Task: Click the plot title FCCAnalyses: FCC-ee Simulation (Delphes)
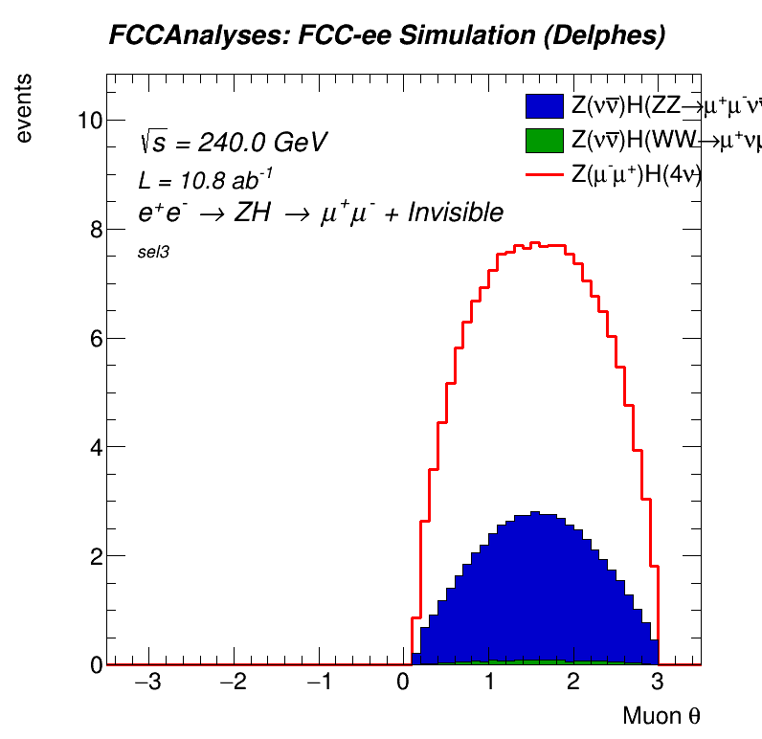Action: pos(387,36)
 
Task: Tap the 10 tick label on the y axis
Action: pos(90,120)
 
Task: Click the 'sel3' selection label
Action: pos(154,253)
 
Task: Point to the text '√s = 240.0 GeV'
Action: pos(234,143)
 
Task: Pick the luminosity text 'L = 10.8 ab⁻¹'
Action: pos(206,179)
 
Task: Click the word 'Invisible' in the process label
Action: pos(456,213)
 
